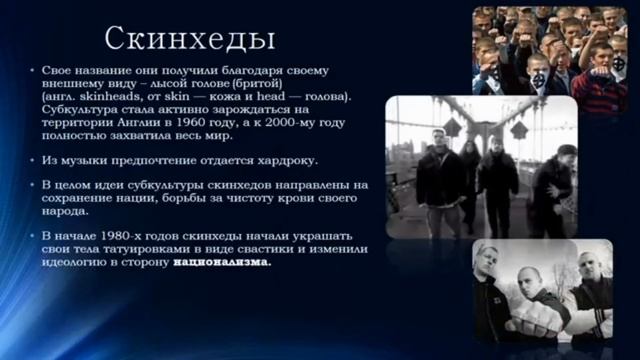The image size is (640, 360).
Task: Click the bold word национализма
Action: [221, 262]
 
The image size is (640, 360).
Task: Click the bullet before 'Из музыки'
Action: [33, 160]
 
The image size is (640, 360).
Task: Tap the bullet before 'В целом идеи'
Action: [33, 185]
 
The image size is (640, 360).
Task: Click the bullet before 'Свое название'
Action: [33, 69]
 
